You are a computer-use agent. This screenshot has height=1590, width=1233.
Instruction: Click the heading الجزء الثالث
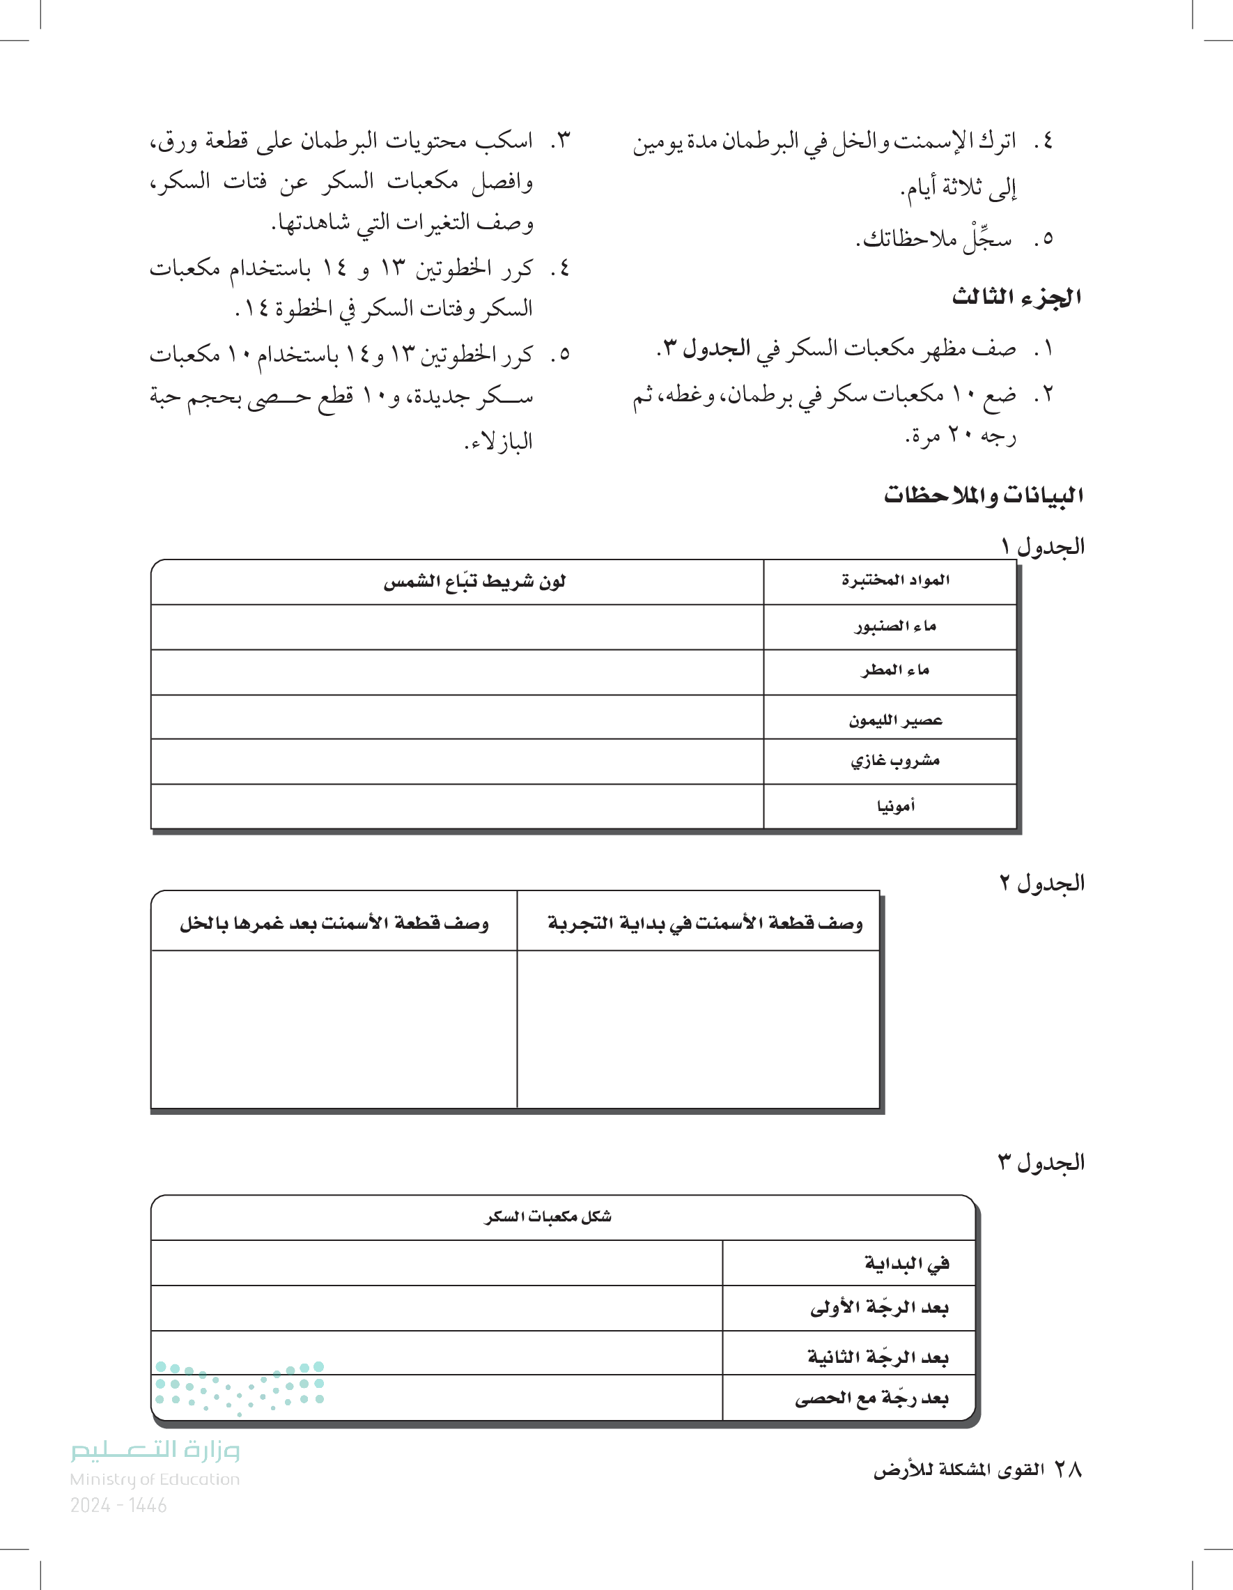(1016, 297)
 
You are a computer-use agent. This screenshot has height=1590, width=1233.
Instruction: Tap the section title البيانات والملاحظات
(984, 495)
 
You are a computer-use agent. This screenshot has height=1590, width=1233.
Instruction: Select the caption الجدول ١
(1042, 546)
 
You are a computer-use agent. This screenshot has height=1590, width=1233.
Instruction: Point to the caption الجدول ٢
(1041, 883)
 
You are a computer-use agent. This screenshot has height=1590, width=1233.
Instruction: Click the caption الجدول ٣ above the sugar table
(1041, 1163)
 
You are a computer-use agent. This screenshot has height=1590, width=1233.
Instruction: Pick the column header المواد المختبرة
(895, 580)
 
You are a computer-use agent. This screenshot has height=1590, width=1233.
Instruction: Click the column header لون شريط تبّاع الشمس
(474, 582)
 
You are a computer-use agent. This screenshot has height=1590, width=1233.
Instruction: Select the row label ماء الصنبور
(895, 626)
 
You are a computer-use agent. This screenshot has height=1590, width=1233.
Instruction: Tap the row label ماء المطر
(895, 670)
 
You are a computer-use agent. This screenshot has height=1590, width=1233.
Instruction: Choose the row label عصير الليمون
(895, 720)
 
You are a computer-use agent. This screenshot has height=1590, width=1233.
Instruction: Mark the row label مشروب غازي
(895, 761)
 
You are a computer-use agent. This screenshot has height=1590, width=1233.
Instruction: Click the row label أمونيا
(895, 806)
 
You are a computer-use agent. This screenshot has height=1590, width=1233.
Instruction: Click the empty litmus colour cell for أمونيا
(457, 806)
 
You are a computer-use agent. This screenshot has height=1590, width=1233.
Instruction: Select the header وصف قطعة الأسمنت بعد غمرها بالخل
(334, 923)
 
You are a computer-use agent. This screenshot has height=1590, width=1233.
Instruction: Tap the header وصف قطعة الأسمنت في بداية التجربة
(704, 923)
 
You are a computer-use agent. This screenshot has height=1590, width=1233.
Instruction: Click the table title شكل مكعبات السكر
(548, 1217)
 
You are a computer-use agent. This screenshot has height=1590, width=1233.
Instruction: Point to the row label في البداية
(907, 1263)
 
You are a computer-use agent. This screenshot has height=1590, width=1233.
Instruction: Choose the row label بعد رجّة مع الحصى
(871, 1398)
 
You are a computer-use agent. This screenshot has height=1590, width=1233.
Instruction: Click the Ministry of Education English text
(155, 1479)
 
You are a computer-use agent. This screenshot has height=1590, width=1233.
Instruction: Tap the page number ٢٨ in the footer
(1068, 1470)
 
